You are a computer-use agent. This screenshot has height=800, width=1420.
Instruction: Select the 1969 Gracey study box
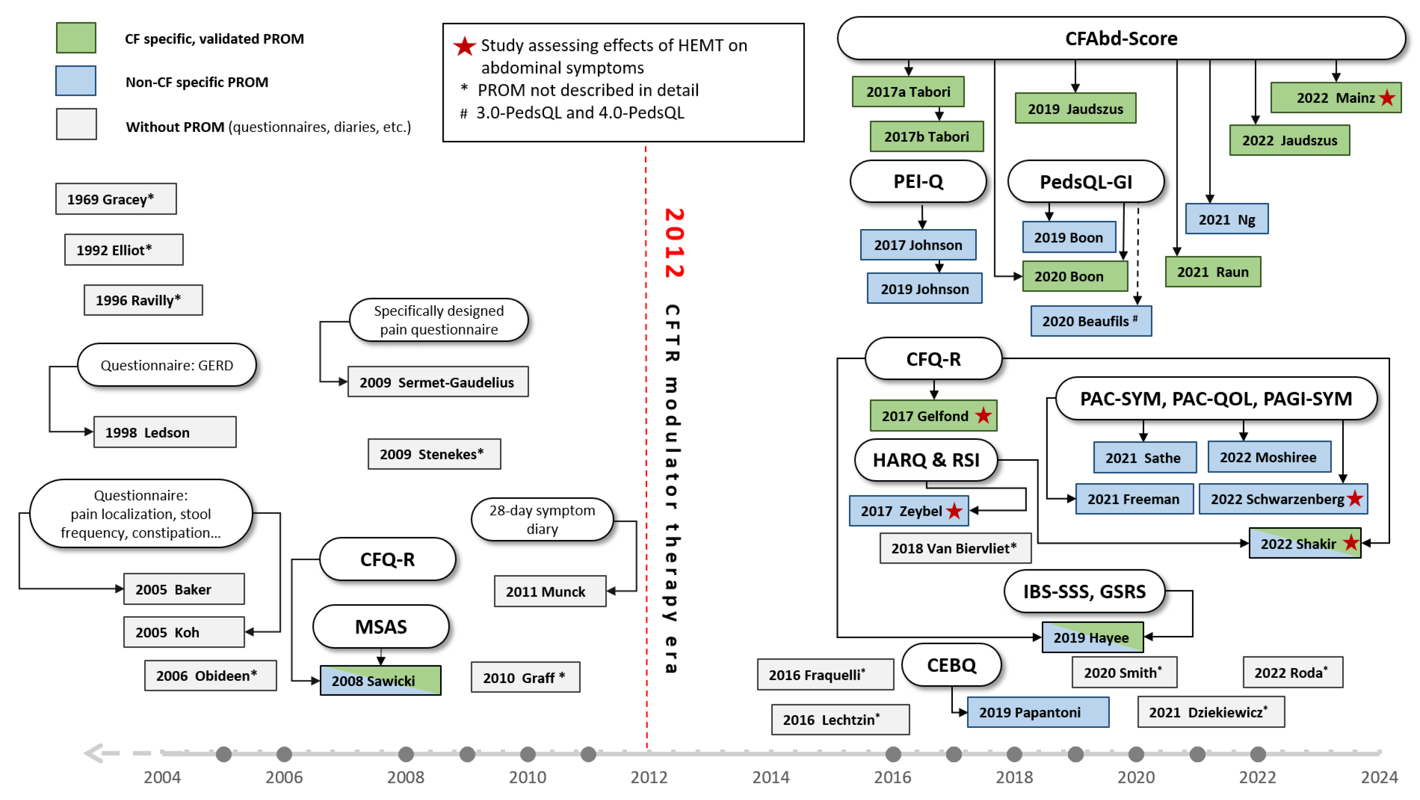tap(116, 199)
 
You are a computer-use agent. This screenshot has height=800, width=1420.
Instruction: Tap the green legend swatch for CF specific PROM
tap(76, 38)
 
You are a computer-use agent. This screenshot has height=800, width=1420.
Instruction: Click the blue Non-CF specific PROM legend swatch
tap(76, 81)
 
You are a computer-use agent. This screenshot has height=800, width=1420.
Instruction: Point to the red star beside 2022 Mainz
tap(1387, 98)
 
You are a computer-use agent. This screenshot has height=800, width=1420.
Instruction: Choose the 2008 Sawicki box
tap(380, 680)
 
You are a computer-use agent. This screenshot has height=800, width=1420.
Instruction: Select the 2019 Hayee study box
tap(1092, 638)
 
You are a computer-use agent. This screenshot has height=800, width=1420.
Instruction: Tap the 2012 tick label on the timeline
tap(649, 777)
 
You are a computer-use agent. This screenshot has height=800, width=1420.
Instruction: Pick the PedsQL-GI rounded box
tap(1085, 182)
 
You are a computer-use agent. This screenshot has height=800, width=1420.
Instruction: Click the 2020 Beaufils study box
tap(1091, 321)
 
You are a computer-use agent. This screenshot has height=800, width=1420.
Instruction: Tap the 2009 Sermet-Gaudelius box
tap(438, 382)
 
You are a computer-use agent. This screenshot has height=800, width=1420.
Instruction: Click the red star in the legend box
tap(464, 46)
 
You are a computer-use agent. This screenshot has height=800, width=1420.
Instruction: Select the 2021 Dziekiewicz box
tap(1211, 712)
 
